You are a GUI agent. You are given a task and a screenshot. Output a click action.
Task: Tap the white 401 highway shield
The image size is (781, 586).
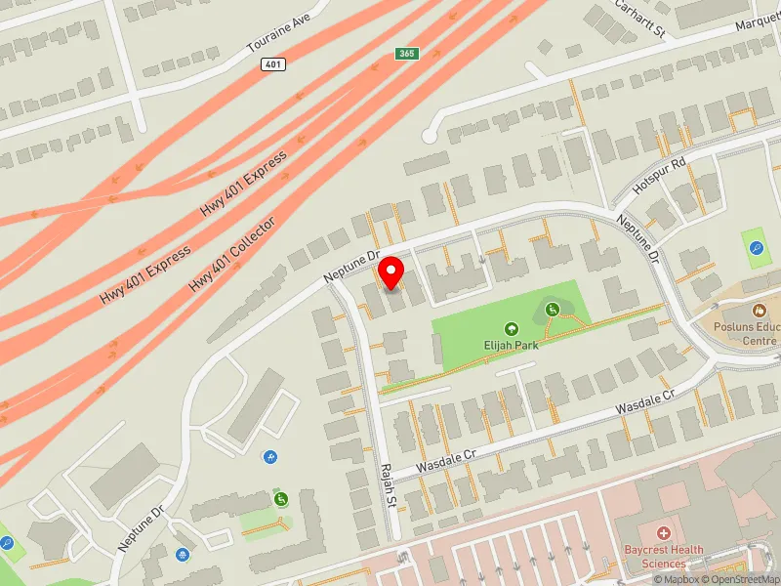273,63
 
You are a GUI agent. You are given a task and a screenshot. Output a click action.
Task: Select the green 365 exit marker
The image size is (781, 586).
407,53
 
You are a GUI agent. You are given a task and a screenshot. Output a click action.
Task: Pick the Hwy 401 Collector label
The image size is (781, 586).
232,254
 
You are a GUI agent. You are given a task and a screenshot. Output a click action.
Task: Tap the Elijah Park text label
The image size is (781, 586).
511,344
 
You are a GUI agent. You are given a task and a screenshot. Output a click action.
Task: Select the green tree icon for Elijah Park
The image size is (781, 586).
510,329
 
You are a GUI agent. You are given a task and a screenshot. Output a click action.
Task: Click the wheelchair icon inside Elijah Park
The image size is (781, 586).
553,311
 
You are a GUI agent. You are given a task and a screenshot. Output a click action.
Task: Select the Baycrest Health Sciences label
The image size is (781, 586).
664,556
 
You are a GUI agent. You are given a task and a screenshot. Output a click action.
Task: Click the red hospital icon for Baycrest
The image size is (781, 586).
664,533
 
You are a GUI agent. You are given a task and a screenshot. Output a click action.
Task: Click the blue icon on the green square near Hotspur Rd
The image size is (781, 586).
757,247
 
